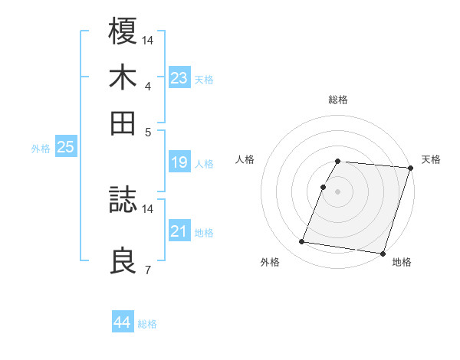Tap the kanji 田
tap(123, 123)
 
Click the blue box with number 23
tap(179, 77)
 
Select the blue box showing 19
tap(179, 162)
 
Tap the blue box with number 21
tap(179, 231)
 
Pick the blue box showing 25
tap(65, 147)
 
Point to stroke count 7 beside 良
tap(148, 269)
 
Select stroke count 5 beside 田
tap(148, 131)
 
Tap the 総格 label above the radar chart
tap(337, 100)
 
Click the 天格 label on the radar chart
tap(431, 159)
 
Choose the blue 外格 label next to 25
tap(40, 149)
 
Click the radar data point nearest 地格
tap(383, 253)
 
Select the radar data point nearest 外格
tap(302, 242)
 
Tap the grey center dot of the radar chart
tap(337, 191)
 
